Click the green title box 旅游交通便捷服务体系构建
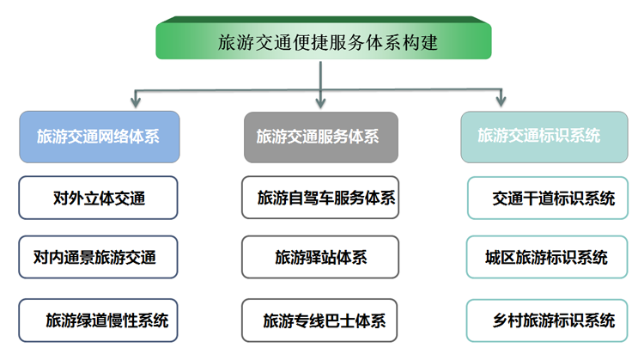(324, 38)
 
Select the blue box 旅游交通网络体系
(100, 137)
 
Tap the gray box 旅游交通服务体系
(321, 137)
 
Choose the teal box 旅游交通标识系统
(544, 137)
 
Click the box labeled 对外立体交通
(98, 198)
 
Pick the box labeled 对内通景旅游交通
(98, 257)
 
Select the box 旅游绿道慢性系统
(98, 320)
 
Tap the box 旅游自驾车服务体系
(320, 198)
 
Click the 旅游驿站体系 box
(320, 257)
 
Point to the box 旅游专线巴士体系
(319, 320)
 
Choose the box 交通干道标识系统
(548, 198)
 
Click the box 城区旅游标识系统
(547, 257)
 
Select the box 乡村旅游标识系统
(547, 320)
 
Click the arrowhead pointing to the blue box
(136, 102)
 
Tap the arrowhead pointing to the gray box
(321, 102)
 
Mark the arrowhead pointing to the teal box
(501, 101)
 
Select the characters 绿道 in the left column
(92, 320)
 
